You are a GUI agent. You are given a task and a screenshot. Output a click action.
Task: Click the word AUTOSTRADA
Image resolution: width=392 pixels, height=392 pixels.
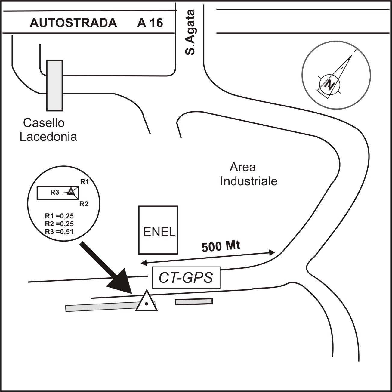tap(73, 23)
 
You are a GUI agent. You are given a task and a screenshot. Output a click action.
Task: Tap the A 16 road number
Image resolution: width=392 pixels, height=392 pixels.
tap(150, 23)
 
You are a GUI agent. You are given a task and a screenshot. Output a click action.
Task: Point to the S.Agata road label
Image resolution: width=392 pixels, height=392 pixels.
tap(190, 32)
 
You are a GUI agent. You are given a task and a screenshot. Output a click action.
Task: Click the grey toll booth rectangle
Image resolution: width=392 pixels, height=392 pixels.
tap(54, 86)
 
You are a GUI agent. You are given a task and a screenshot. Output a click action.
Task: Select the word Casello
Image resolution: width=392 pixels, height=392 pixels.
tap(44, 123)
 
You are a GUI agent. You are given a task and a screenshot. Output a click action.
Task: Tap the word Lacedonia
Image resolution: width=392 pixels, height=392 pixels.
tap(48, 137)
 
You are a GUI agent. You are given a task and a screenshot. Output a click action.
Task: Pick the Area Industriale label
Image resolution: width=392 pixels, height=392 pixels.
tap(249, 174)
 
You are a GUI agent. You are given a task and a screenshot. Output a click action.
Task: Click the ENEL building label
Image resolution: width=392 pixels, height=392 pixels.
tap(159, 232)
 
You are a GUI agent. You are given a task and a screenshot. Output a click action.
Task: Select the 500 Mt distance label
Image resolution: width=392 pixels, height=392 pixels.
tap(221, 246)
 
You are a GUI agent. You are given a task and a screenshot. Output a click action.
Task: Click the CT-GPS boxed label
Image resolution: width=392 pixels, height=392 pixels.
tap(186, 277)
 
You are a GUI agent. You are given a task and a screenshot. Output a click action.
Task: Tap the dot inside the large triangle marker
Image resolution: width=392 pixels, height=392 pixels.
tap(146, 304)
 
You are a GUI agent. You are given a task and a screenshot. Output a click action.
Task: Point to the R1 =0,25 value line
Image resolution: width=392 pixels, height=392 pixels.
tap(59, 216)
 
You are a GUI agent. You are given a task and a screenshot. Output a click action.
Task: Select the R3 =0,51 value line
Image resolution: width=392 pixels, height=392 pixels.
tap(59, 231)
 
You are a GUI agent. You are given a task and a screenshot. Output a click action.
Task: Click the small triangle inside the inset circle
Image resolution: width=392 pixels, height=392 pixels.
tap(71, 191)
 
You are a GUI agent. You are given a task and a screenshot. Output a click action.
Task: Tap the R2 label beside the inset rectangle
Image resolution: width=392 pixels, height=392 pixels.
tap(84, 204)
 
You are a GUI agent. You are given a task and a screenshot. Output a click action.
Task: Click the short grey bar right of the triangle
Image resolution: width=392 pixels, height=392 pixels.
tap(194, 301)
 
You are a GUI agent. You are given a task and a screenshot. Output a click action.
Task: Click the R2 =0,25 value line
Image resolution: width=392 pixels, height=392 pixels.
tap(59, 224)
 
